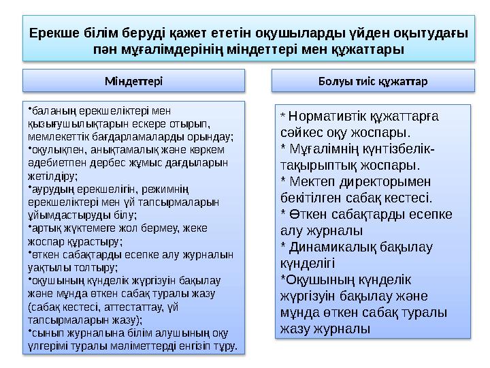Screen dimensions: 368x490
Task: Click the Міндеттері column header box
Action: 133,80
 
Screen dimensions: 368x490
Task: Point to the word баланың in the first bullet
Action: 47,109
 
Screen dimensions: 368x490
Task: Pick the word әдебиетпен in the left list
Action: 52,163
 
